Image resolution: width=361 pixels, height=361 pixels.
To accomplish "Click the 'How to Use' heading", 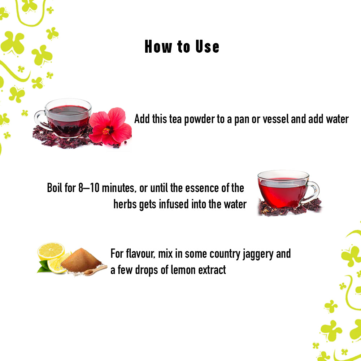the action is pyautogui.click(x=182, y=47).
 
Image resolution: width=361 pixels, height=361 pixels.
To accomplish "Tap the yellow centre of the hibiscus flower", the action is pyautogui.click(x=106, y=131).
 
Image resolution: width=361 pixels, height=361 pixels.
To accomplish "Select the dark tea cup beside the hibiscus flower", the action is pyautogui.click(x=63, y=118).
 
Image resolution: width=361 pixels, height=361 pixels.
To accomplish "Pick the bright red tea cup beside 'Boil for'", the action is pyautogui.click(x=288, y=189).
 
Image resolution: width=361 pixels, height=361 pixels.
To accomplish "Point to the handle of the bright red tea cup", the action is pyautogui.click(x=312, y=192).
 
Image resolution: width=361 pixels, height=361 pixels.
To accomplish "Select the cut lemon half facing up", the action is pyautogui.click(x=51, y=251).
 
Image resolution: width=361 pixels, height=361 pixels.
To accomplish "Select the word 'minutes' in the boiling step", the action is pyautogui.click(x=118, y=188).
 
